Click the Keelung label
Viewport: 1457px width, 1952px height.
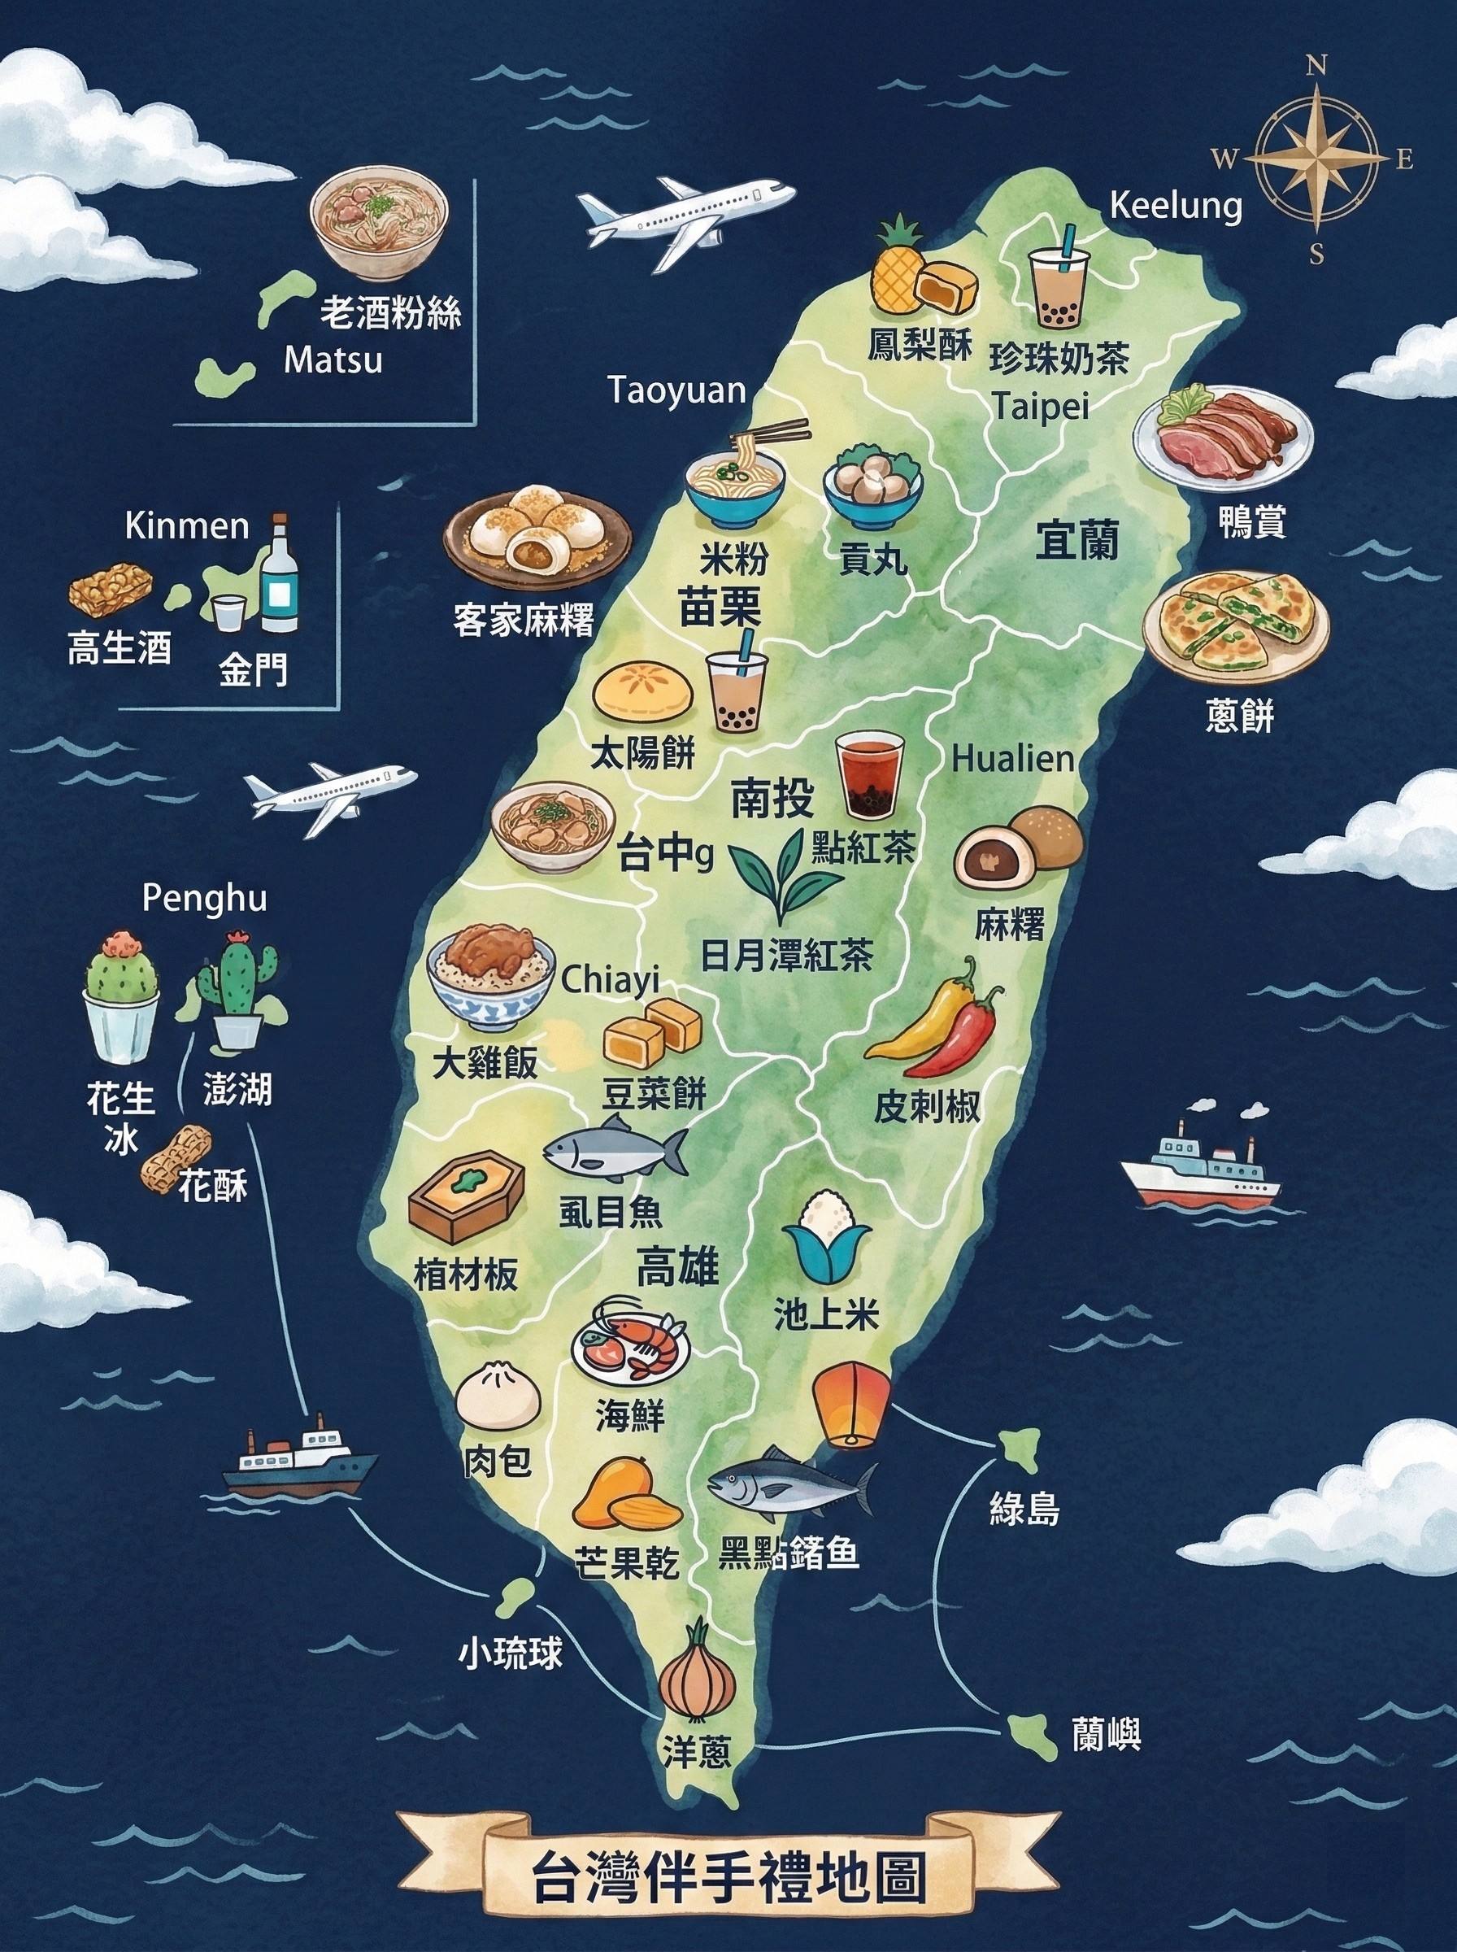[1176, 207]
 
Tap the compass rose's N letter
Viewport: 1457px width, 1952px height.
[1315, 66]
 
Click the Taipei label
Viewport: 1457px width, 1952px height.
[1041, 407]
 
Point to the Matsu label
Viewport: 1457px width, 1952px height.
[333, 361]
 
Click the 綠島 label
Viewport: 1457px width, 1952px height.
[1024, 1507]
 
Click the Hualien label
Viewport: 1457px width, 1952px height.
[1013, 759]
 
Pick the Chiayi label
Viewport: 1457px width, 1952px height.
[610, 979]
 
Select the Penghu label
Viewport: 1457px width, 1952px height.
[205, 899]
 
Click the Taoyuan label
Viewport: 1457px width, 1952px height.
[677, 390]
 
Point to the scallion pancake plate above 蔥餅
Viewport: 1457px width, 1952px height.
[1235, 626]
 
